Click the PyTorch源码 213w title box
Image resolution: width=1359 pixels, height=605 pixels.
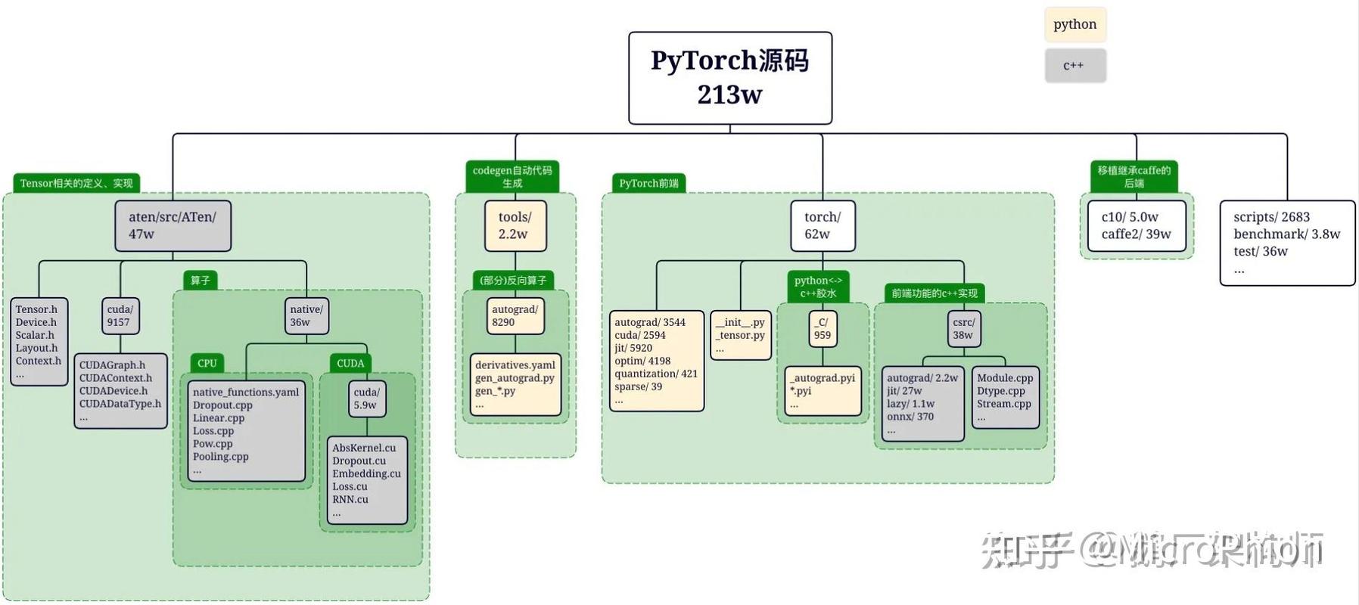pyautogui.click(x=730, y=78)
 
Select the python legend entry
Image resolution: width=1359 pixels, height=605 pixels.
pyautogui.click(x=1074, y=24)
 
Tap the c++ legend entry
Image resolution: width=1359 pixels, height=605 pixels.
pyautogui.click(x=1074, y=66)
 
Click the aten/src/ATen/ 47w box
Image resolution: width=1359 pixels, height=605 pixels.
pyautogui.click(x=173, y=225)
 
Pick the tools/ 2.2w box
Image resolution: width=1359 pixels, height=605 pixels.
pyautogui.click(x=515, y=225)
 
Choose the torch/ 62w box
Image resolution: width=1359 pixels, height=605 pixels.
pyautogui.click(x=823, y=225)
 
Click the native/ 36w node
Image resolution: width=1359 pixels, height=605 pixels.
pyautogui.click(x=306, y=315)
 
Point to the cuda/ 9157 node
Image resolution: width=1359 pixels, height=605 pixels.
pyautogui.click(x=120, y=315)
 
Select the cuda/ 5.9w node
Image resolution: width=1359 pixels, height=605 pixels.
pyautogui.click(x=366, y=399)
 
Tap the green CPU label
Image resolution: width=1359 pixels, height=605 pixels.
pyautogui.click(x=207, y=363)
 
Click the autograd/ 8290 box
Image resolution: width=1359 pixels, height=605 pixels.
pyautogui.click(x=515, y=315)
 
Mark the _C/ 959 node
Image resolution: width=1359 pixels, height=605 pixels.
pyautogui.click(x=823, y=328)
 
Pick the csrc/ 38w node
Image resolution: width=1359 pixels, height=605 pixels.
pyautogui.click(x=963, y=328)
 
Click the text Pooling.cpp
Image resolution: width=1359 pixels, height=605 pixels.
pyautogui.click(x=220, y=457)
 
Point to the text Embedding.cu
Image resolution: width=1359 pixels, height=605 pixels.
pyautogui.click(x=366, y=473)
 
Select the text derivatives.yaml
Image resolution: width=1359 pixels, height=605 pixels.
pyautogui.click(x=515, y=365)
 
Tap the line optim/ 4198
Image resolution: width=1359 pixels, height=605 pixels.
pyautogui.click(x=642, y=361)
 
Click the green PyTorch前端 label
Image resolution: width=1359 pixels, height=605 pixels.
pyautogui.click(x=648, y=183)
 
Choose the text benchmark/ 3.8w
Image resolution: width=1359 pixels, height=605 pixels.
pyautogui.click(x=1286, y=234)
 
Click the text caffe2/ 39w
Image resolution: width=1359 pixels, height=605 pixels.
pyautogui.click(x=1136, y=234)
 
